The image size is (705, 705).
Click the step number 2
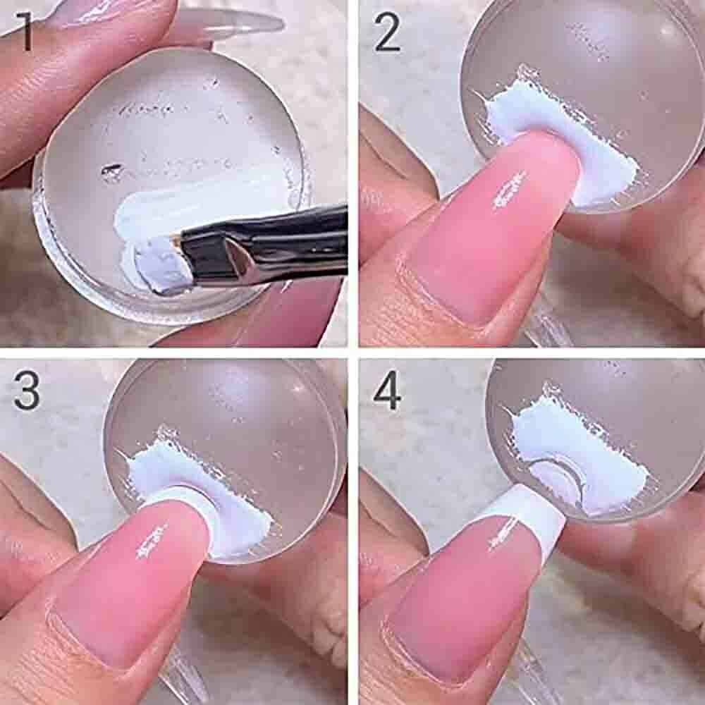[386, 32]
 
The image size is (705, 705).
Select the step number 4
[387, 390]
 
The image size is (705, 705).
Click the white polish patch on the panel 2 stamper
[558, 140]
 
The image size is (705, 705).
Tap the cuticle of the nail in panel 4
[422, 647]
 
